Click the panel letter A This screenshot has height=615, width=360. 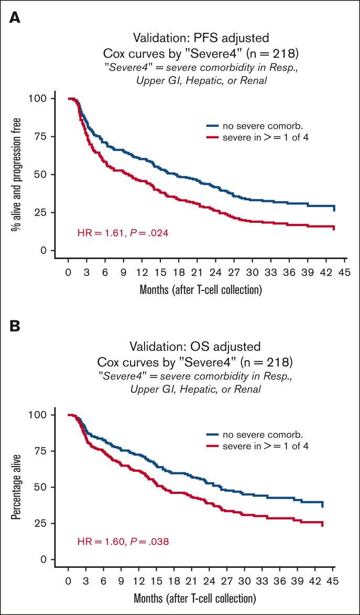[15, 18]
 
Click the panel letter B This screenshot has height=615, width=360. [15, 326]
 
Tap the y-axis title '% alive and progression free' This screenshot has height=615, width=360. [18, 174]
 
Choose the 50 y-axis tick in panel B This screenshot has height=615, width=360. [47, 487]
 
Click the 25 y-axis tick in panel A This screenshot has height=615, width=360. [47, 212]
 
